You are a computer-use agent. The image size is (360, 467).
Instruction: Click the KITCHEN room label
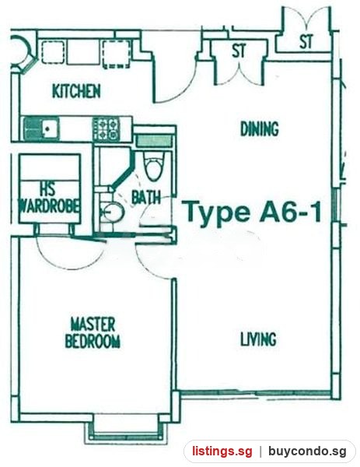(76, 91)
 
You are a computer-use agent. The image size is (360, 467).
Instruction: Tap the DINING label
(260, 129)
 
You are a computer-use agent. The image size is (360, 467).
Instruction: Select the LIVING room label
(258, 339)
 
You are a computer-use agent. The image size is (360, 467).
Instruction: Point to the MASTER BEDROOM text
(93, 332)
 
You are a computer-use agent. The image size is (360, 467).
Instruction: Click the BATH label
(146, 197)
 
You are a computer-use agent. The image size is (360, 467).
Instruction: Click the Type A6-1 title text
(253, 211)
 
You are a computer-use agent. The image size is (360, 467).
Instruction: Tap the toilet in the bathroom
(153, 167)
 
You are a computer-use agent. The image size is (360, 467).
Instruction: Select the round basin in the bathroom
(114, 211)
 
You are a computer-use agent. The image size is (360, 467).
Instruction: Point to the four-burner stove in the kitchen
(106, 129)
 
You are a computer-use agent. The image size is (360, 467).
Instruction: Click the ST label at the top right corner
(306, 41)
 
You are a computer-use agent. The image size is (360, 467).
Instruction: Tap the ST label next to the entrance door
(239, 51)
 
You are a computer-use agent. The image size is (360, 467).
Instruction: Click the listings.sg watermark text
(222, 451)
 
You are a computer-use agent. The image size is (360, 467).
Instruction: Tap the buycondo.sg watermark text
(308, 451)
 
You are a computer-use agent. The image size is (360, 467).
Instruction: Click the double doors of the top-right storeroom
(306, 19)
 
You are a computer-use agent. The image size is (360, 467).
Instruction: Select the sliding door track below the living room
(256, 394)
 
